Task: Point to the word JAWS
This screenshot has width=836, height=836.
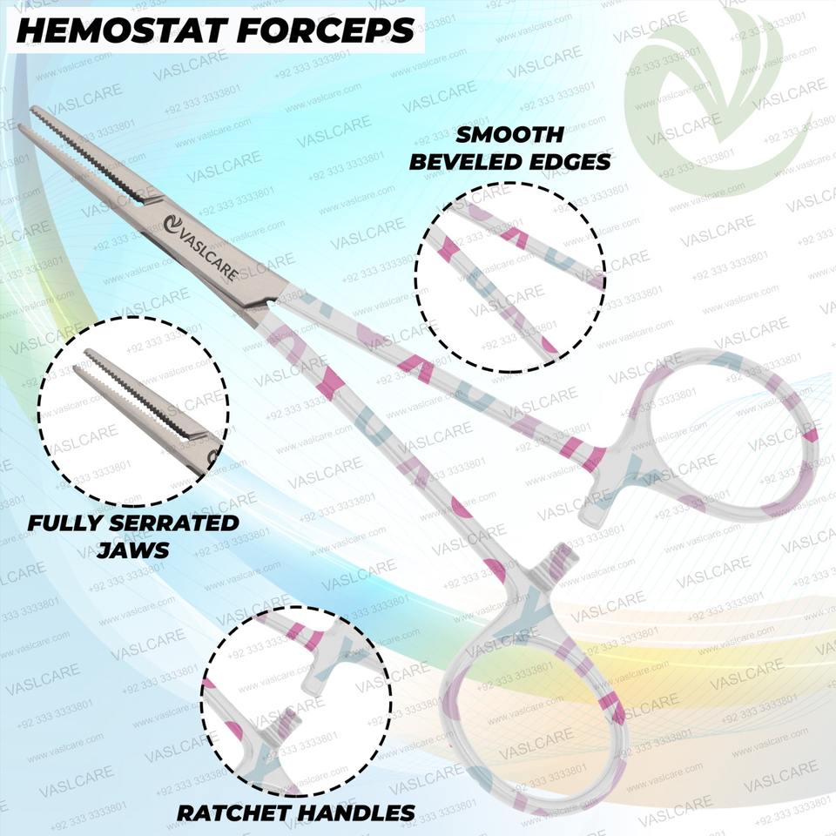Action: click(131, 550)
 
